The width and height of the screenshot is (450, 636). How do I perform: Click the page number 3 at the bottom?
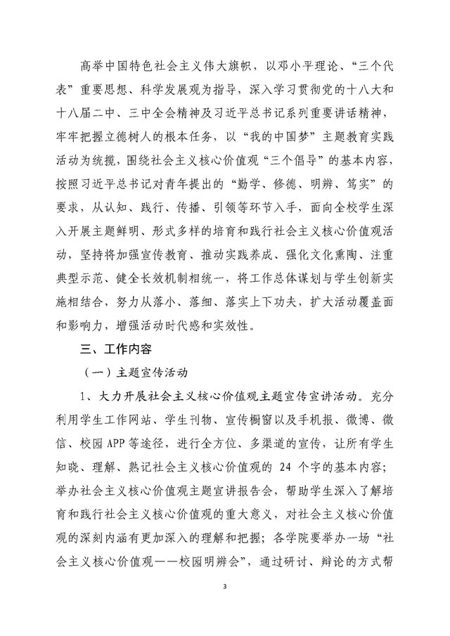(224, 605)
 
